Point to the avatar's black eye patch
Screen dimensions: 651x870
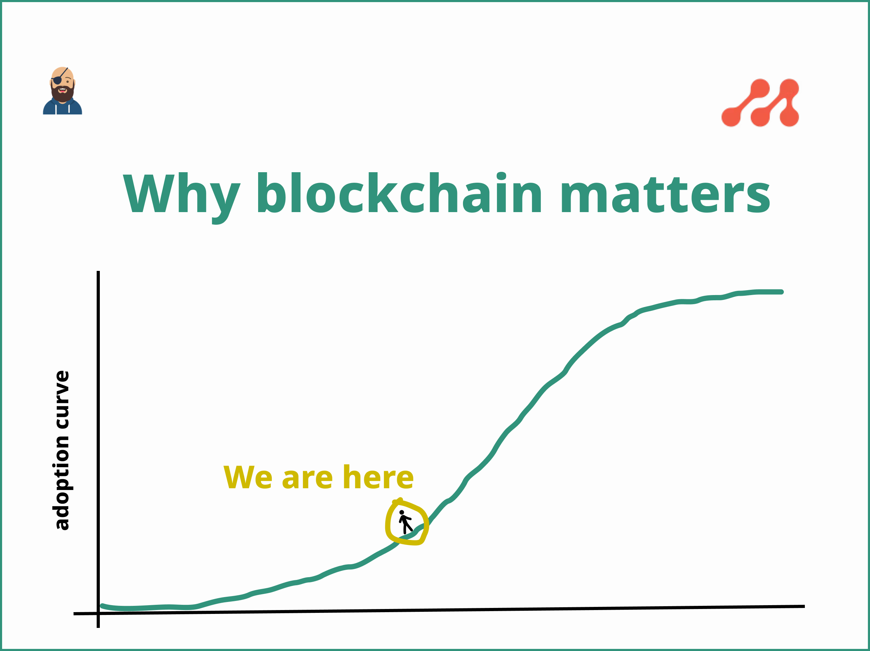[57, 80]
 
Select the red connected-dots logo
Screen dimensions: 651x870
[760, 103]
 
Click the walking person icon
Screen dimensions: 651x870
[405, 521]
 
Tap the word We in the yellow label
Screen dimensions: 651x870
[247, 477]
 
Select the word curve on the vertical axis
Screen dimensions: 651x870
[62, 399]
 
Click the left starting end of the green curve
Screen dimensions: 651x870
[103, 606]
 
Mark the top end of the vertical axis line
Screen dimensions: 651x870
[98, 272]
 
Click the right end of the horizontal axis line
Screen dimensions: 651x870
[803, 607]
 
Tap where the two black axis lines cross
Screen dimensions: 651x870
[98, 613]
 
